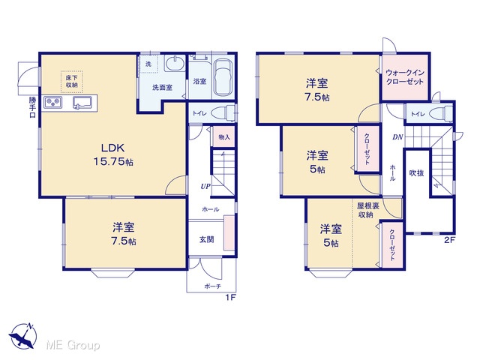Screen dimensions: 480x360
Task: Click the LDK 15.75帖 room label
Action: point(113,154)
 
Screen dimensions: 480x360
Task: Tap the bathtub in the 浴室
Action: point(223,77)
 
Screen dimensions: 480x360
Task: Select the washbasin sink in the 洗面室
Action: point(175,64)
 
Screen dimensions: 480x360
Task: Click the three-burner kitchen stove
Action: point(52,102)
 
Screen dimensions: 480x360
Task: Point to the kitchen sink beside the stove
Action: point(82,103)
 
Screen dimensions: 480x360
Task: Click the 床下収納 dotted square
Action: point(72,82)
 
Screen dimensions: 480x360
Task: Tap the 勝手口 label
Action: point(32,107)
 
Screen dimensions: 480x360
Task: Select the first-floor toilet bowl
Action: point(223,113)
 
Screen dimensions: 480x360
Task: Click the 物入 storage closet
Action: point(223,136)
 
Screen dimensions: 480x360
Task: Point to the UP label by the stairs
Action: point(205,186)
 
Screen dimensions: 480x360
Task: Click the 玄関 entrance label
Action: point(207,239)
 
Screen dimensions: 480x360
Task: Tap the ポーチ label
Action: point(212,286)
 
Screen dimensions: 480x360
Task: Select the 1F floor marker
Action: point(231,297)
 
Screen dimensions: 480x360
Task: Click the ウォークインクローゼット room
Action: point(405,77)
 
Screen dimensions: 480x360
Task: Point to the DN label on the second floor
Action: point(397,137)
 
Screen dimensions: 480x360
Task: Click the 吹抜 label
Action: point(417,173)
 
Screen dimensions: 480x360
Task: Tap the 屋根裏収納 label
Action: point(368,210)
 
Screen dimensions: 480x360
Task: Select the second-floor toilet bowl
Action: point(441,114)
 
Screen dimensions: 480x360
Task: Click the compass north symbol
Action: point(23,336)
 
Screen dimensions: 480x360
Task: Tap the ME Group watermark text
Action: point(73,345)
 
